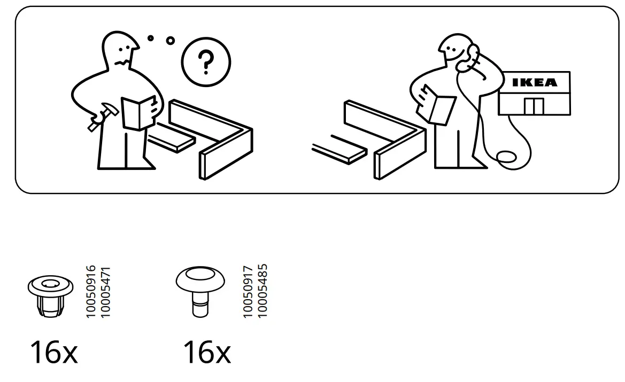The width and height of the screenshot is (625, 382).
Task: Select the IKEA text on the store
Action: pos(534,83)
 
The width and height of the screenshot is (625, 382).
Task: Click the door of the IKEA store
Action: pos(533,106)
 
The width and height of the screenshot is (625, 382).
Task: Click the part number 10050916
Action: pos(91,292)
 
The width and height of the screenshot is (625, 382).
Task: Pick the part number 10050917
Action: pos(248,292)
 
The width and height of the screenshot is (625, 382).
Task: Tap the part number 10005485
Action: pos(262,292)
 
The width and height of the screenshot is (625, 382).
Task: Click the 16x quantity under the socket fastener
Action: pos(53,353)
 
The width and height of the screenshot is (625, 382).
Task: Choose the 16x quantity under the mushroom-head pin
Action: pos(206,353)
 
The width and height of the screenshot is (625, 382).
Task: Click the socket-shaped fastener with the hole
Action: pos(50,295)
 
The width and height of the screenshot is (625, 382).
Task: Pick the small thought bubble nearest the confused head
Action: pos(151,38)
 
